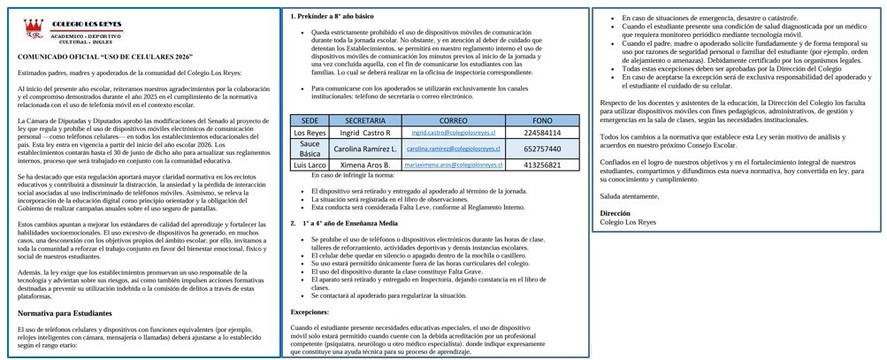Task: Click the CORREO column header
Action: tap(453, 120)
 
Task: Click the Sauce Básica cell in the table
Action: tap(310, 149)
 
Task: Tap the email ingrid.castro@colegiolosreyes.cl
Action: tap(453, 133)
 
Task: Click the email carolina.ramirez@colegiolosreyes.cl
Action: tap(453, 149)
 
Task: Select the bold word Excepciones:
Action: tap(310, 311)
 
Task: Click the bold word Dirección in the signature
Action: tap(615, 213)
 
